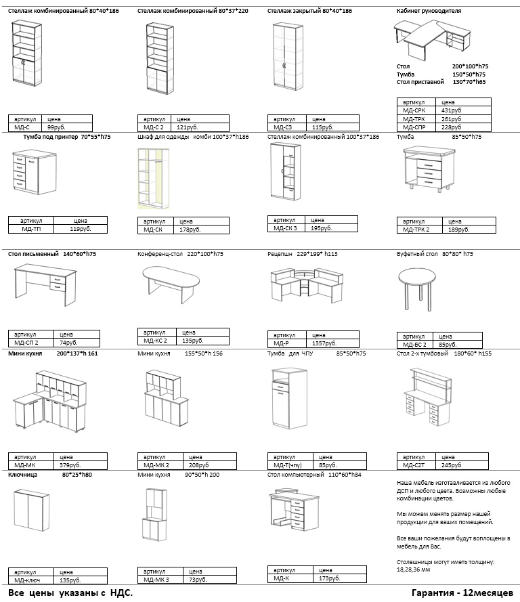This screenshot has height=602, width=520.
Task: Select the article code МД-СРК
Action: pyautogui.click(x=414, y=110)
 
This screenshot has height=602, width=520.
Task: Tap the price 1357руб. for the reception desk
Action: pyautogui.click(x=326, y=343)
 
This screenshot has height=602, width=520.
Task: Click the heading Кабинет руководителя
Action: pyautogui.click(x=428, y=12)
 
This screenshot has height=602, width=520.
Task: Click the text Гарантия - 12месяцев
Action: pyautogui.click(x=461, y=593)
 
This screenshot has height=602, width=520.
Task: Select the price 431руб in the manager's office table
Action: pyautogui.click(x=451, y=110)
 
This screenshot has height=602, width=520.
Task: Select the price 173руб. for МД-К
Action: pyautogui.click(x=328, y=579)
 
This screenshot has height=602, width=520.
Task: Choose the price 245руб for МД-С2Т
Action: pyautogui.click(x=451, y=465)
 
